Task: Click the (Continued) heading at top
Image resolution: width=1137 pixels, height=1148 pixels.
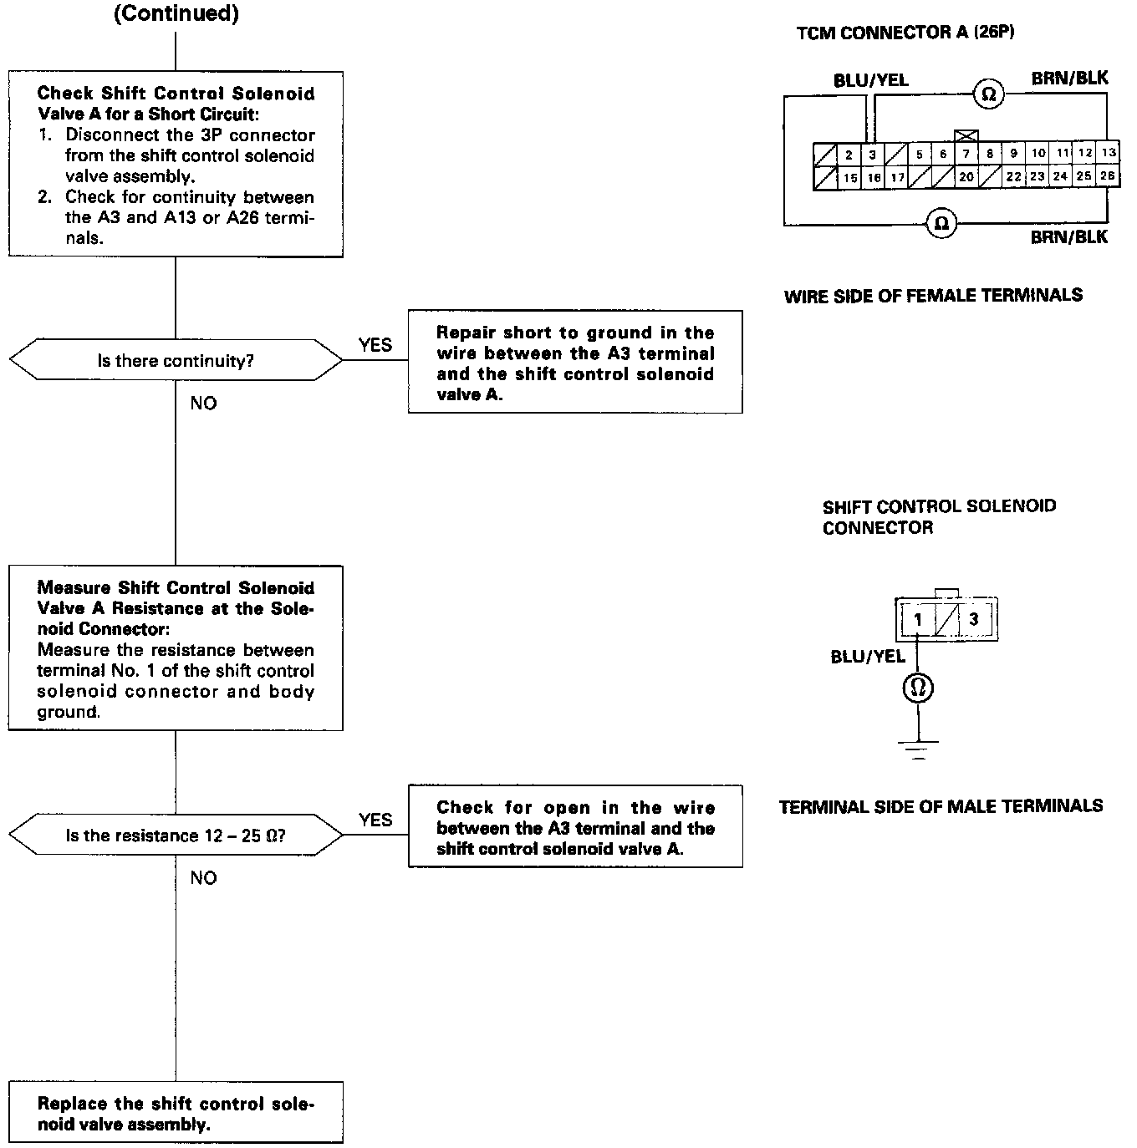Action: (176, 14)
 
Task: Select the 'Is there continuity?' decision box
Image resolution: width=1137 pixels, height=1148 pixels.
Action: (176, 361)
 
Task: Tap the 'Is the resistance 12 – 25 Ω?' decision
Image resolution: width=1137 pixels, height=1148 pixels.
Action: (176, 836)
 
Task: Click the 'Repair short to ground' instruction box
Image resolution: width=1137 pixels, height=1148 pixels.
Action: (575, 363)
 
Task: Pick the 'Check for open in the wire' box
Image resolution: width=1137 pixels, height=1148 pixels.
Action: (575, 827)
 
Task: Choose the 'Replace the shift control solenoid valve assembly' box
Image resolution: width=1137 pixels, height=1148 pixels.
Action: (176, 1114)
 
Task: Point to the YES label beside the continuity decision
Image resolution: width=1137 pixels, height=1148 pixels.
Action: (375, 345)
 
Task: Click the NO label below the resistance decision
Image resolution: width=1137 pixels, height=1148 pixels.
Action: (203, 877)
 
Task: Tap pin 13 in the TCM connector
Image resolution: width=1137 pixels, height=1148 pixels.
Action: (1109, 154)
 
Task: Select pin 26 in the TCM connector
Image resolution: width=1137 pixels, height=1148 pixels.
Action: (1109, 176)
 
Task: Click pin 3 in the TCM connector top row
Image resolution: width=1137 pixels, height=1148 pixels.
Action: (872, 155)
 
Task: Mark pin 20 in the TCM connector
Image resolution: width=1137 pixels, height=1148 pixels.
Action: (966, 177)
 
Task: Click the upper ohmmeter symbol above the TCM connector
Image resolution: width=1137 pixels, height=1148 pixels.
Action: (989, 94)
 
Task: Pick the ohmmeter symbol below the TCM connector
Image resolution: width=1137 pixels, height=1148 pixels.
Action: (942, 223)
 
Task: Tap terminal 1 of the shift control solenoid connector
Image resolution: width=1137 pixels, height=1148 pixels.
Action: (918, 619)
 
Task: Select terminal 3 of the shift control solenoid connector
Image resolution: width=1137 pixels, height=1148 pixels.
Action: (973, 619)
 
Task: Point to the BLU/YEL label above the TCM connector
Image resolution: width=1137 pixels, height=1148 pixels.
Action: (870, 81)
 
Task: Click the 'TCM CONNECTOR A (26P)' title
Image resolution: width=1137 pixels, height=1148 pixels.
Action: (905, 33)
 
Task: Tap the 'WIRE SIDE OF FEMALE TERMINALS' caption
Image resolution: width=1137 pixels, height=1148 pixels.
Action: (933, 296)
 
